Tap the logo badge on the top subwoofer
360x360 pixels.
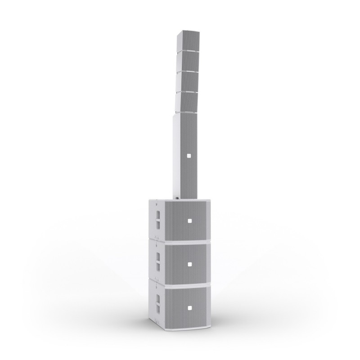(189, 221)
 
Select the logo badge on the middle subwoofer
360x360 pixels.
(189, 264)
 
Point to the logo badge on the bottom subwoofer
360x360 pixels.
(189, 308)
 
